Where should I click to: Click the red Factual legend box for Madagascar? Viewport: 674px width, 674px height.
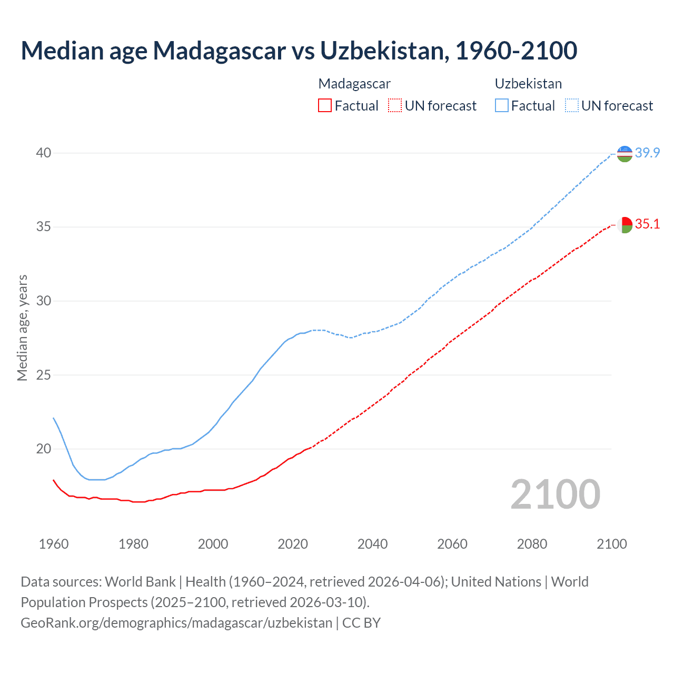coord(325,106)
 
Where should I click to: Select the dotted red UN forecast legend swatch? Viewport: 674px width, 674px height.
coord(395,106)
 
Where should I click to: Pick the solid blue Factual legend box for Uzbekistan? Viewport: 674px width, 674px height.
coord(502,106)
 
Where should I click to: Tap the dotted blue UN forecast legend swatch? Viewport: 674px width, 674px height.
coord(572,106)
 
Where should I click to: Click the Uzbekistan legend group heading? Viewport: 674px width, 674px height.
coord(528,84)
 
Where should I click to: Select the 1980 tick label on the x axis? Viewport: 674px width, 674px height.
coord(133,544)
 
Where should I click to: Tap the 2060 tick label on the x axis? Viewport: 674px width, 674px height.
coord(452,544)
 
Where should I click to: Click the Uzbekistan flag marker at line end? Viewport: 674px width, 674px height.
coord(625,154)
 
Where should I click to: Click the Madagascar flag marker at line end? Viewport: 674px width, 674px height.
coord(625,225)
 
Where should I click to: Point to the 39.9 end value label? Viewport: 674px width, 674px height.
coord(647,153)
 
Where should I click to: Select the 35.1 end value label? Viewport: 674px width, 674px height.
coord(647,224)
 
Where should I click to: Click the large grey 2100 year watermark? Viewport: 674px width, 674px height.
coord(555,494)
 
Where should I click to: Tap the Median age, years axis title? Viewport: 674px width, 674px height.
coord(22,328)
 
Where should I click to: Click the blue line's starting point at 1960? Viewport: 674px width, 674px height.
coord(54,418)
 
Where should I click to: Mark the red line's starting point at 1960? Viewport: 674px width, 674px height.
coord(54,480)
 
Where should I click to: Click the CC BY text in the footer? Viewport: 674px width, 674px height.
coord(361,623)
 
